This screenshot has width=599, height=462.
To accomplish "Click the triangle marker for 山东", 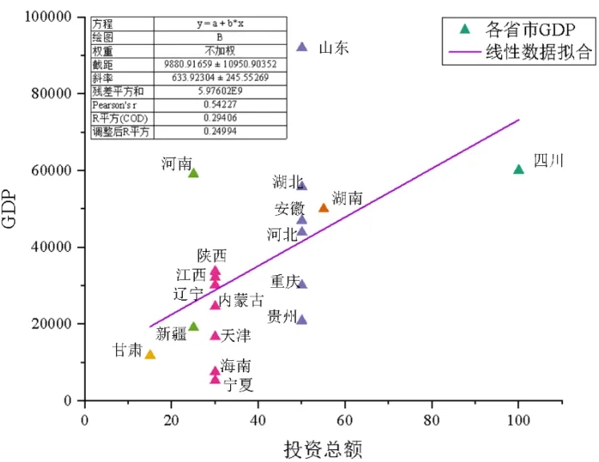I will coord(302,47).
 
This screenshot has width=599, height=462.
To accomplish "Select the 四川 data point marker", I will coord(518,169).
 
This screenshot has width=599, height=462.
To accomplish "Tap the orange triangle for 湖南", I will coord(323,208).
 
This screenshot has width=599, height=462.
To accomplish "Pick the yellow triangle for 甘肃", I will coord(150,355).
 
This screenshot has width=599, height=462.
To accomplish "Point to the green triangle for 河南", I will coord(193,173).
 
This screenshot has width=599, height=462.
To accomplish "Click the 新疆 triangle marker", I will coord(193,326).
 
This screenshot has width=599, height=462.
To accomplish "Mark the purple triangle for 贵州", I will coord(302,320).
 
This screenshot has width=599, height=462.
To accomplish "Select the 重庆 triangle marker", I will coord(302,284).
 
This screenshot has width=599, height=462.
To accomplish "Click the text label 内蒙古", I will coord(241,301).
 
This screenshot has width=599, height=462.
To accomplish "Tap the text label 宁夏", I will coord(239,386).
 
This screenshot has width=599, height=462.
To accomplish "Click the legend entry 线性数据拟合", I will coord(538,53).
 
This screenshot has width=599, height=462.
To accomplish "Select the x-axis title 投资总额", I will coord(323,448).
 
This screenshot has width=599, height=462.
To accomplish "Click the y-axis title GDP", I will coord(11,209).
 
